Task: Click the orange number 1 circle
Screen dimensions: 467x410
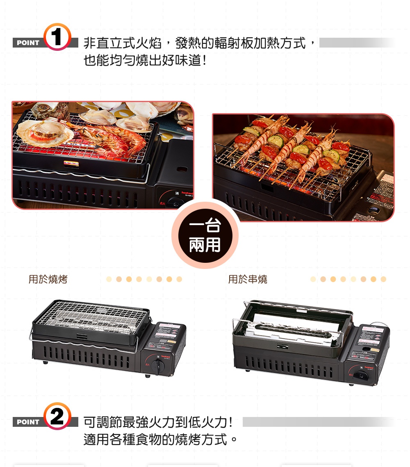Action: [x=57, y=37]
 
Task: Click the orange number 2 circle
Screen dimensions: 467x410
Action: [x=57, y=416]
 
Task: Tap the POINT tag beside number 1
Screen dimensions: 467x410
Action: [x=28, y=43]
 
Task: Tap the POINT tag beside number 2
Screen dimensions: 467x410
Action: [x=28, y=422]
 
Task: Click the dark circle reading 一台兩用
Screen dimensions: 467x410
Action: [x=205, y=235]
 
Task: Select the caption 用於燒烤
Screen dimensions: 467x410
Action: [x=48, y=280]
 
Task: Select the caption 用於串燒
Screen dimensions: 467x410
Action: [x=248, y=280]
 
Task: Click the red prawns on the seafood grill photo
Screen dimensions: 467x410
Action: [x=119, y=139]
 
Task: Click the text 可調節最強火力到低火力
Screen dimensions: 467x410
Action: [x=156, y=421]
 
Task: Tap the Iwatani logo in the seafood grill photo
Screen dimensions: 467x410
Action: [x=187, y=193]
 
